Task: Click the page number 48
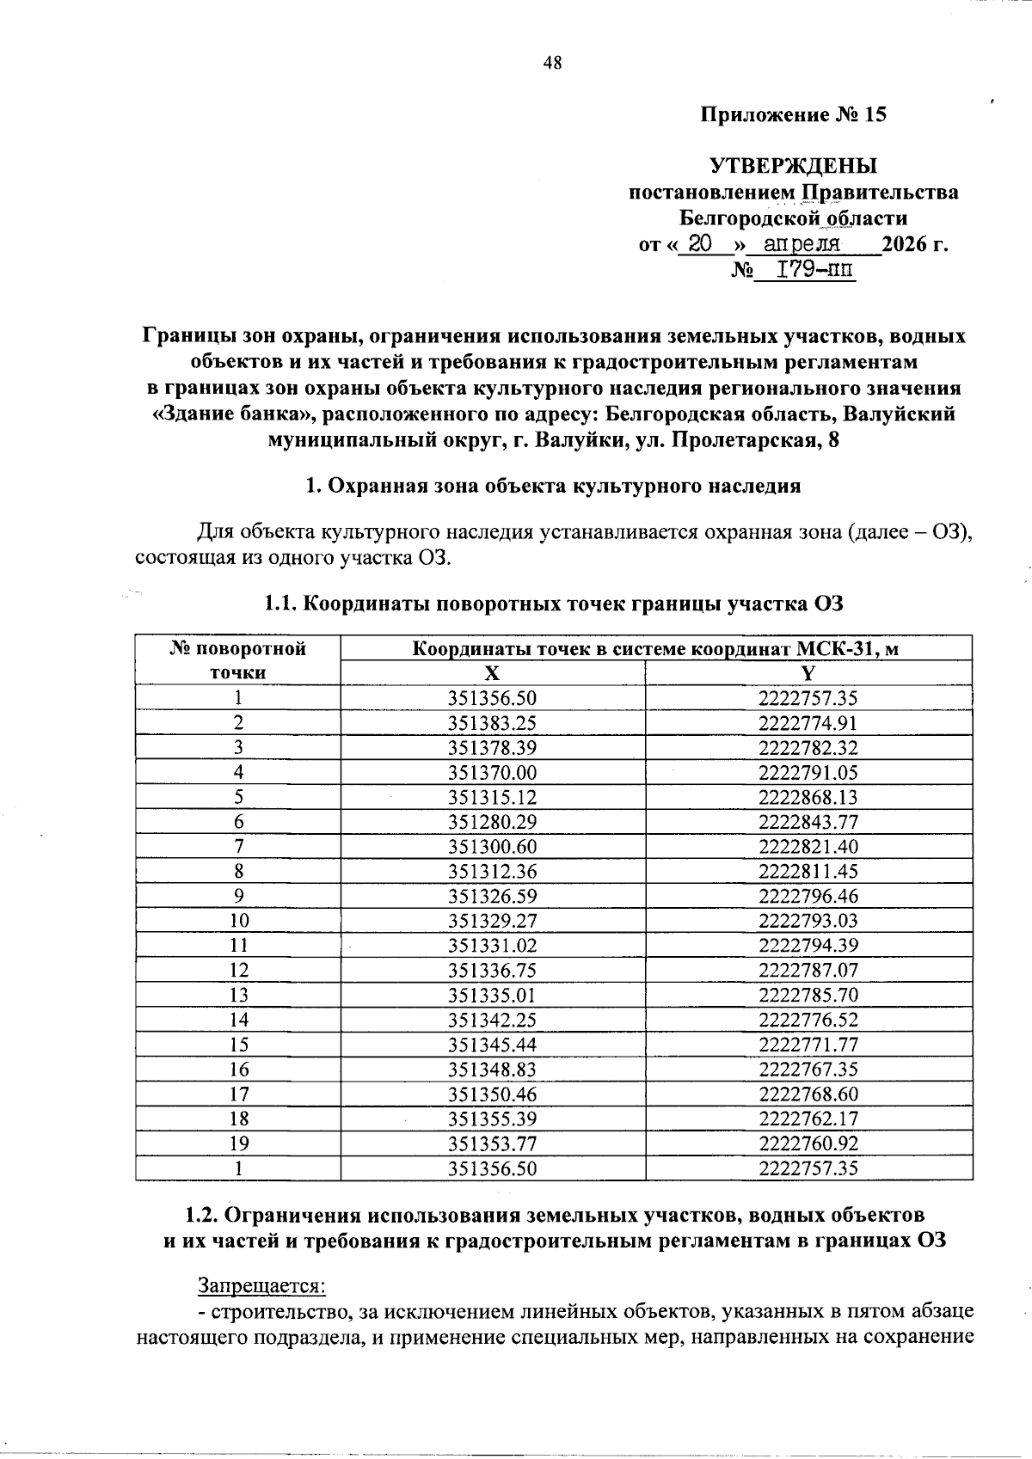coord(552,62)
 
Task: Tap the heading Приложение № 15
coord(794,114)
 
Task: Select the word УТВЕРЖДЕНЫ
coord(793,165)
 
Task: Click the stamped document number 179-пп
coord(815,270)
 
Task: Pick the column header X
coord(492,673)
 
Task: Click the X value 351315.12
coord(492,797)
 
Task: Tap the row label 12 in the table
coord(238,971)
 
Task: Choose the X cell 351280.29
coord(492,822)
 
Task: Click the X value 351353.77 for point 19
coord(492,1143)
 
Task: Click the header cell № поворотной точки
coord(238,660)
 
